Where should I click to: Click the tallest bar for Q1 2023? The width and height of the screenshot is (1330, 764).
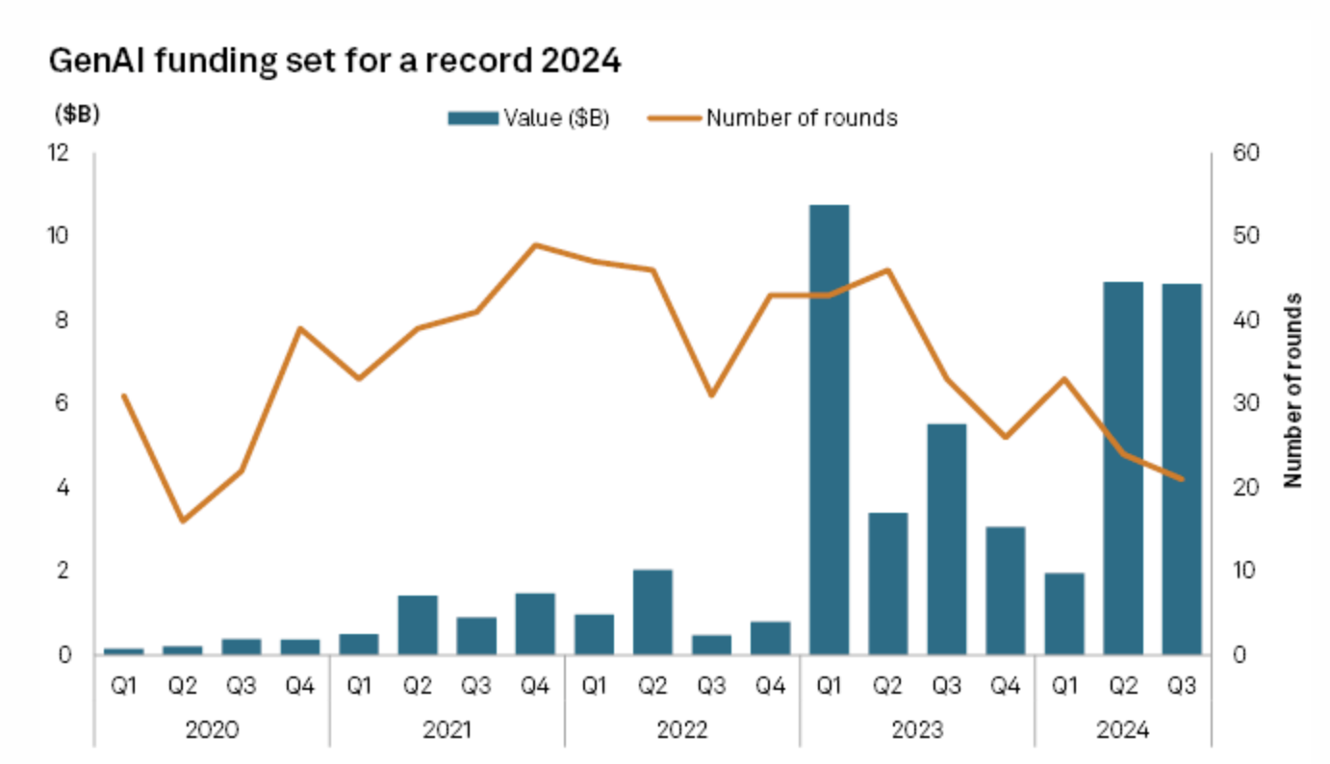pos(829,429)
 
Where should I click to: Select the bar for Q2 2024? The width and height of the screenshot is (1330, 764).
pos(1122,468)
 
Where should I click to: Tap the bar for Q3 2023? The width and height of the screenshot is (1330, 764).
pos(946,539)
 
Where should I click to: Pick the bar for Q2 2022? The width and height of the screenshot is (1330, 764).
pos(652,612)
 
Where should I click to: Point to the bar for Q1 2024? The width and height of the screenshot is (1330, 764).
pos(1063,614)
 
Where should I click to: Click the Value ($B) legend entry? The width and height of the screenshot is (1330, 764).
pos(528,117)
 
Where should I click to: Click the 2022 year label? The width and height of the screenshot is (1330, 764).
pos(681,729)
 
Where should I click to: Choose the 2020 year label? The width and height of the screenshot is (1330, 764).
pos(212,729)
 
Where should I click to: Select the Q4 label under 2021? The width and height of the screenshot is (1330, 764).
pos(535,686)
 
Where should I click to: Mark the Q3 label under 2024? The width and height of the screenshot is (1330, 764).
pos(1181,686)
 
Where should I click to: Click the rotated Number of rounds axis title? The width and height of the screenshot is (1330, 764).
pos(1292,390)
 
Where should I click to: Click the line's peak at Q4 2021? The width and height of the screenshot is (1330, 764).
pos(535,244)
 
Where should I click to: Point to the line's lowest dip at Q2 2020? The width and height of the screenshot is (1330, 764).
pos(182,521)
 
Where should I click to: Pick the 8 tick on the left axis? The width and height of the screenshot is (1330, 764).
pos(63,320)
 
